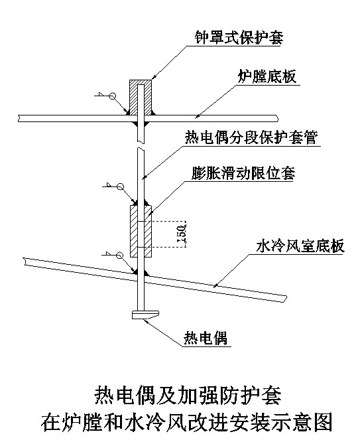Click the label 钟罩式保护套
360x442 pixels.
(239, 37)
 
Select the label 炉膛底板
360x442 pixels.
(267, 76)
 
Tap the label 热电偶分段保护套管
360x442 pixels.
(251, 137)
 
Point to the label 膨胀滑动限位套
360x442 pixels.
(243, 173)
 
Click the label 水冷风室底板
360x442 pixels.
(300, 246)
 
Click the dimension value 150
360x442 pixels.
(182, 234)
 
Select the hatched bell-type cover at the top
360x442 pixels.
(141, 98)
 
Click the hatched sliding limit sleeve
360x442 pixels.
(141, 231)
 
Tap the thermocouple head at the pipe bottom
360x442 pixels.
(145, 315)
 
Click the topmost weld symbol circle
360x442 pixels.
(112, 96)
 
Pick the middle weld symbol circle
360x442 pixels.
(120, 186)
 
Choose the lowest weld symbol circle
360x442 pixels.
(120, 255)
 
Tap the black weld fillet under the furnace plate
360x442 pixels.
(141, 124)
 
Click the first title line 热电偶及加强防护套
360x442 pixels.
(188, 396)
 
